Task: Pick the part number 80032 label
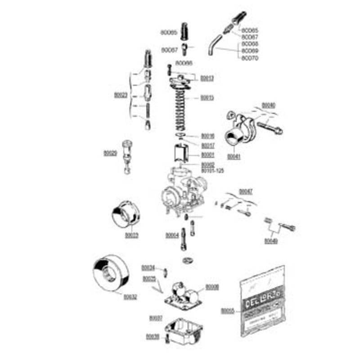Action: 130,297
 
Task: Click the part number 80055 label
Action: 228,310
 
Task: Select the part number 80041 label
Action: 234,157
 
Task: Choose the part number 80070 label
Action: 250,58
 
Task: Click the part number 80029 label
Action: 110,153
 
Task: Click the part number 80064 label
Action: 172,235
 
